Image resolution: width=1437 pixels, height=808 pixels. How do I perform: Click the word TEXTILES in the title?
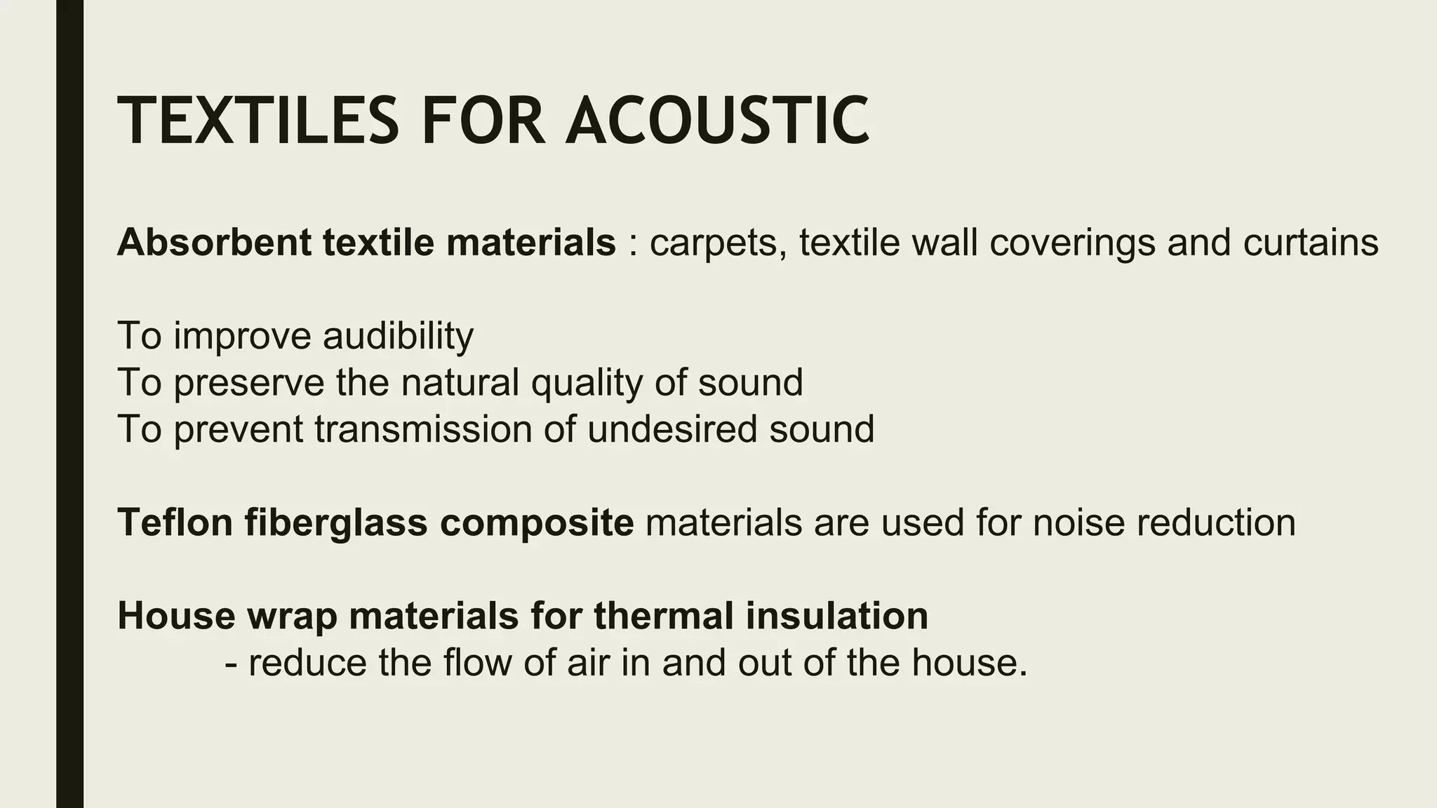pos(258,121)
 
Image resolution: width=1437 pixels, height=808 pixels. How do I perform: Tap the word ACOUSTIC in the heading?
pos(717,121)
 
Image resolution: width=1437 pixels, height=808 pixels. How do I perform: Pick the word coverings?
pos(1071,244)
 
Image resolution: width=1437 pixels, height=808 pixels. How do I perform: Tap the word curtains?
pos(1311,243)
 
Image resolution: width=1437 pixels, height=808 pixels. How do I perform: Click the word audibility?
pos(398,336)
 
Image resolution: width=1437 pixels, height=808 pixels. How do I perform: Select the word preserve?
pos(248,384)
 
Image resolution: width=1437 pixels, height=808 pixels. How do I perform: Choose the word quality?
pos(587,384)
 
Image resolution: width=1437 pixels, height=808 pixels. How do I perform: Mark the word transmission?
pos(423,429)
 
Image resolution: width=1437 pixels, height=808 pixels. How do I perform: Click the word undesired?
pos(671,429)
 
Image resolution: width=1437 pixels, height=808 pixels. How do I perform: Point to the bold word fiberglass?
pos(336,524)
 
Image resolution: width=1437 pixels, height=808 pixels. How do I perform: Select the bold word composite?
pos(537,524)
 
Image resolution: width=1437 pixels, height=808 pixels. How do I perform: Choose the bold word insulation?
pos(836,616)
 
